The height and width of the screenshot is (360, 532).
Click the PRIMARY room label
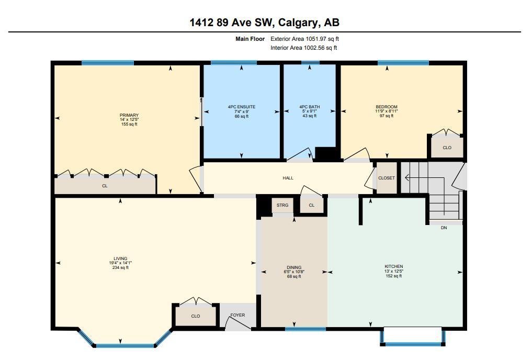pos(129,115)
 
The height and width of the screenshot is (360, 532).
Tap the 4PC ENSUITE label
pos(242,107)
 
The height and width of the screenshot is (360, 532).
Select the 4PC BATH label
pos(310,107)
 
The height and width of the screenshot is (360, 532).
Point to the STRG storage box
pos(282,205)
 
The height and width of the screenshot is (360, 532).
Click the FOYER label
pos(237,315)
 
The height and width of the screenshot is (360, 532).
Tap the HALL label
pos(288,178)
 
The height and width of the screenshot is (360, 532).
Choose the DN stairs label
pos(444,228)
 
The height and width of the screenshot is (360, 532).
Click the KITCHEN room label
pos(393,267)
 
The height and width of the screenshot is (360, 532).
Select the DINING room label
pos(294,267)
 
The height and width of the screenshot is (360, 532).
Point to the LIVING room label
pos(120,258)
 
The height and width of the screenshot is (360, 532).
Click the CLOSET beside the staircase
pos(387,178)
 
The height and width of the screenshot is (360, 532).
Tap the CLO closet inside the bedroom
pos(447,147)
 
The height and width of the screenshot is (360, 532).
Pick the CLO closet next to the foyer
pos(196,315)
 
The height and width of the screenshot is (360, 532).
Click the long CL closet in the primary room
pos(105,185)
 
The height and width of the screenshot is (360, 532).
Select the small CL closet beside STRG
pos(312,205)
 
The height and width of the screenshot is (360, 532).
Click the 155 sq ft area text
pos(129,124)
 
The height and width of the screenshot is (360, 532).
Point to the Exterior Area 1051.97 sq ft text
pos(304,39)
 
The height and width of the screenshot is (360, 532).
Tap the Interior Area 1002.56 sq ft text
pos(303,48)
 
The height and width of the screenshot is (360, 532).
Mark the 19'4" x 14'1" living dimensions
pos(120,263)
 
